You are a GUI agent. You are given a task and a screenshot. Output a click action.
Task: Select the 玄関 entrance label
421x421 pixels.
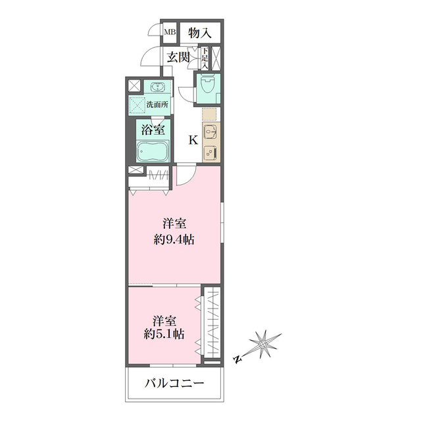(178, 58)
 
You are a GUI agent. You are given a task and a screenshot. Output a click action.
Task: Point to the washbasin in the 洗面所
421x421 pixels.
(159, 87)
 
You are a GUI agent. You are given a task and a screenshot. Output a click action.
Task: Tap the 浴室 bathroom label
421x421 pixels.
(152, 130)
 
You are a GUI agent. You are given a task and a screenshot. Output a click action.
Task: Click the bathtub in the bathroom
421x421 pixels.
(152, 152)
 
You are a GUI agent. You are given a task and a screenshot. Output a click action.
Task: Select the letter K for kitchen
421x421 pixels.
(193, 139)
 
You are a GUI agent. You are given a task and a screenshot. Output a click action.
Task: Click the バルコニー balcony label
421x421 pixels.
(174, 384)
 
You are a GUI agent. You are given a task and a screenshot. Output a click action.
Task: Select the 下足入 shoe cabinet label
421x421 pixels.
(205, 59)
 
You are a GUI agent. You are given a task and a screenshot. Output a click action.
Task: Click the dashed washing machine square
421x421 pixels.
(139, 105)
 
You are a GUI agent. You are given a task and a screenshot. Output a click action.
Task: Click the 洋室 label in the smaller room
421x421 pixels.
(164, 320)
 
